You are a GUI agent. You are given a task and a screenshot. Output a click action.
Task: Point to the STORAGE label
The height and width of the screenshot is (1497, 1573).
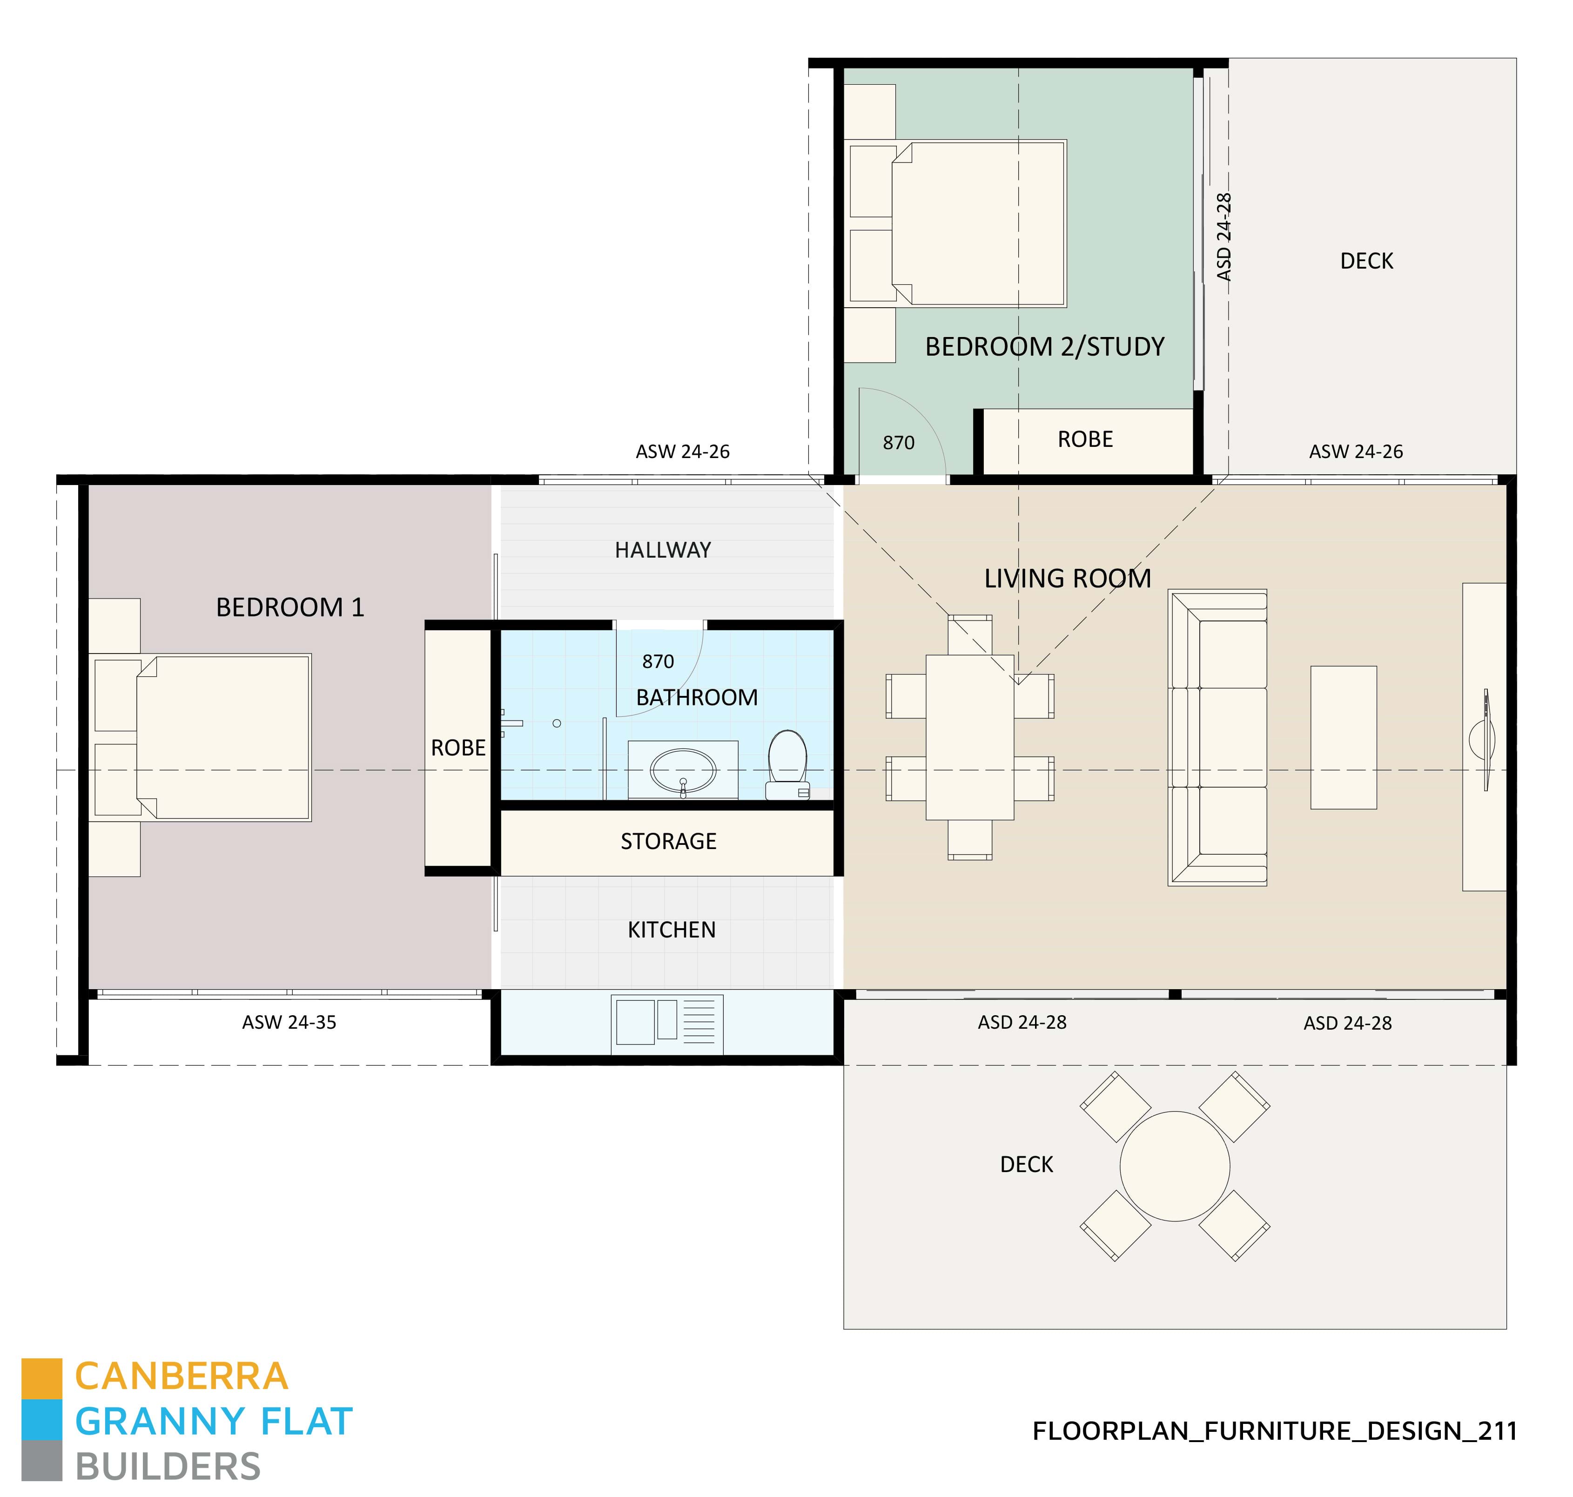click(668, 841)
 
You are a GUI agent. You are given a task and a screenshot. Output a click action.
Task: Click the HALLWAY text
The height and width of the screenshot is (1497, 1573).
click(662, 550)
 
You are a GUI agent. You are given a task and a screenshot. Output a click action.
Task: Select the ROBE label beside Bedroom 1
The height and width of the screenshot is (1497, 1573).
click(458, 748)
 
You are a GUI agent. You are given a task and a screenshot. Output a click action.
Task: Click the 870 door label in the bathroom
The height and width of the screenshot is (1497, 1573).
click(658, 661)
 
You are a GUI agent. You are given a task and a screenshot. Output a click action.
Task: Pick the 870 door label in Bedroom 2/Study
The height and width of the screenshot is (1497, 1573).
click(898, 443)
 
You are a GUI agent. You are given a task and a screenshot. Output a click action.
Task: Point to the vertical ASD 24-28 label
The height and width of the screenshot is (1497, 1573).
click(1223, 237)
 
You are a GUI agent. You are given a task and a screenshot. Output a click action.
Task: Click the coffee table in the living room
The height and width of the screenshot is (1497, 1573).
click(1343, 737)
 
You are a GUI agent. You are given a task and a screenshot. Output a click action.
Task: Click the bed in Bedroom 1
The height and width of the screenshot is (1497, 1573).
click(223, 737)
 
